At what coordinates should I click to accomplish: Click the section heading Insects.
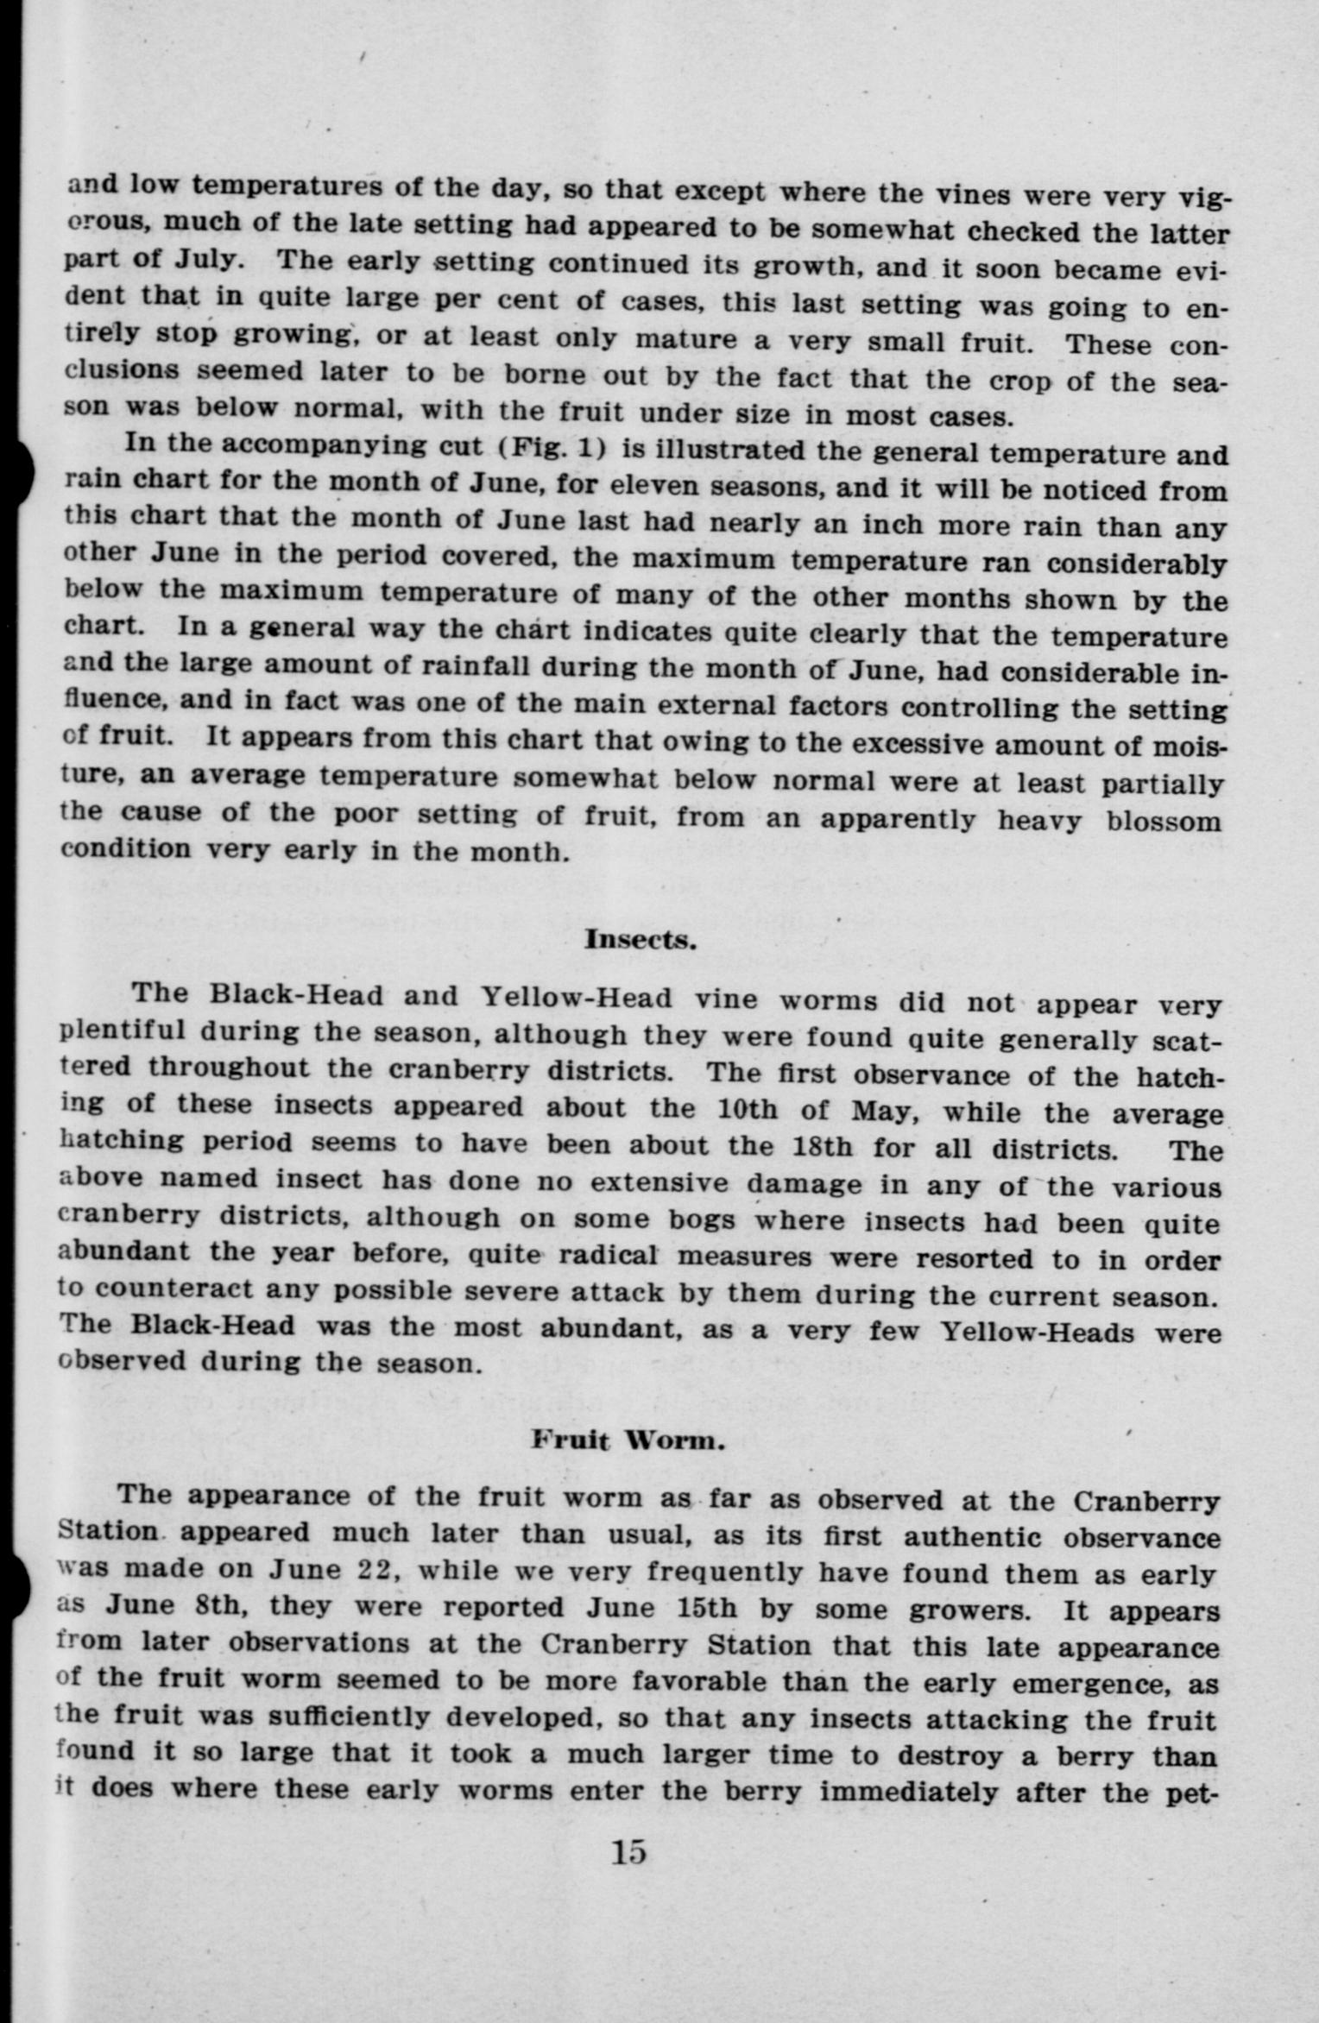coord(640,939)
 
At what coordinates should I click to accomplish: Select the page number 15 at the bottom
coord(628,1853)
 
